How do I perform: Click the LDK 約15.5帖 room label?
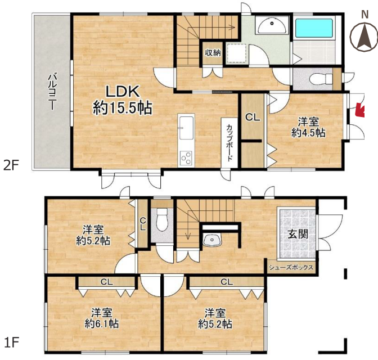coord(123,100)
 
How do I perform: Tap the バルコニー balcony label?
coord(52,92)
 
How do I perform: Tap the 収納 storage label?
coord(213,52)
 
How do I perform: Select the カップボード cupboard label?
coord(229,142)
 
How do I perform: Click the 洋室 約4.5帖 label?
coord(308,127)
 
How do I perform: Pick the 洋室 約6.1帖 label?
coord(101,318)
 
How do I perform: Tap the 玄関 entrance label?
coord(298,233)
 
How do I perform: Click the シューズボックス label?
coord(291,267)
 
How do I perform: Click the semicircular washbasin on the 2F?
coord(272,26)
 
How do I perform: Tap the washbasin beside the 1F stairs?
coord(212,240)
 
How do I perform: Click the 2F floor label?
coord(11,166)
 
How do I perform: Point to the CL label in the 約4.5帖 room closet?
coord(253,118)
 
